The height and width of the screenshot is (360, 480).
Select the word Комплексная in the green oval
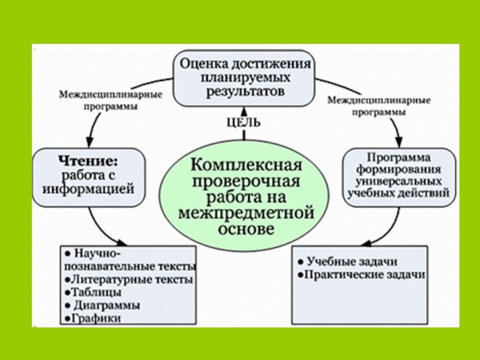click(x=247, y=164)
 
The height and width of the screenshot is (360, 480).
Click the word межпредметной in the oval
click(x=247, y=214)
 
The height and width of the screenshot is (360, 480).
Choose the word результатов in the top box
click(x=243, y=92)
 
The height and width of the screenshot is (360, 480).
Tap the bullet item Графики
click(x=95, y=319)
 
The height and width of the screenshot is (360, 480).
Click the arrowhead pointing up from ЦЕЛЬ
click(x=243, y=109)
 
